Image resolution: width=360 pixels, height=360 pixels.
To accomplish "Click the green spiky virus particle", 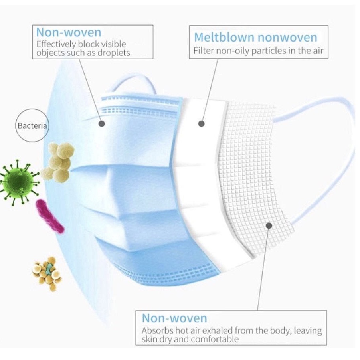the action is point(17,180).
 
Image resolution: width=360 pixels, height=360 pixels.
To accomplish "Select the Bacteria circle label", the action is point(32,126).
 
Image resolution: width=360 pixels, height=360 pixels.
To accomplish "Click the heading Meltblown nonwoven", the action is point(255,38).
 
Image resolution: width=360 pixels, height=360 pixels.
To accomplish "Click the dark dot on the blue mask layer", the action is point(101,124).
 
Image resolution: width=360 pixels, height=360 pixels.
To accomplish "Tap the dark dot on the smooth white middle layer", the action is point(202,124).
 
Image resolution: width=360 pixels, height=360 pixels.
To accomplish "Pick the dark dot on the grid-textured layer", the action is point(269,225).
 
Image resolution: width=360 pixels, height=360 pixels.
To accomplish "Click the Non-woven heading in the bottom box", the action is point(174,318).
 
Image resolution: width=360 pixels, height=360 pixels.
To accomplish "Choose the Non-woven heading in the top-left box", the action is point(69,32).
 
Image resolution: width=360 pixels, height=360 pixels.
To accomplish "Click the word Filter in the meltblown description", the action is point(204,51).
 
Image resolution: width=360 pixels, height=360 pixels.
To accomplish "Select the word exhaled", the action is point(224,331).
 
